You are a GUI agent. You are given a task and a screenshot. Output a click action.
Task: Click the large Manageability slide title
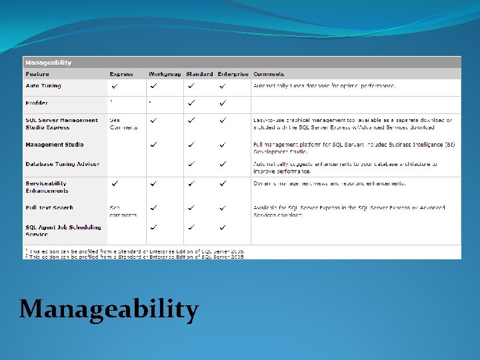pyautogui.click(x=109, y=309)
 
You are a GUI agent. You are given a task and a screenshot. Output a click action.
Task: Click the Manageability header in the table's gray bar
pyautogui.click(x=49, y=63)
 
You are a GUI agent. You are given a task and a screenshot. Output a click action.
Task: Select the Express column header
pyautogui.click(x=121, y=74)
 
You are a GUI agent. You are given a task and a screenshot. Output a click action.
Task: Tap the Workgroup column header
pyautogui.click(x=164, y=74)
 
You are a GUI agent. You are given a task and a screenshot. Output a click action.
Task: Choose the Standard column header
pyautogui.click(x=199, y=74)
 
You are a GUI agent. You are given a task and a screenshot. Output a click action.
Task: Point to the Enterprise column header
pyautogui.click(x=233, y=74)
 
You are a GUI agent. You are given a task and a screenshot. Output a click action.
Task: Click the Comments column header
pyautogui.click(x=269, y=74)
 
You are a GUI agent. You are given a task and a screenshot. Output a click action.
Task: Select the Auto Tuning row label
pyautogui.click(x=43, y=86)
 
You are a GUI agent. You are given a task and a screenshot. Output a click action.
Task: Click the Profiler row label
pyautogui.click(x=37, y=103)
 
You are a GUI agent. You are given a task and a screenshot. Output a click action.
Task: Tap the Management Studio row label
pyautogui.click(x=55, y=145)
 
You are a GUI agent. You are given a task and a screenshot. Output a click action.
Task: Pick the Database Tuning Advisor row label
pyautogui.click(x=62, y=164)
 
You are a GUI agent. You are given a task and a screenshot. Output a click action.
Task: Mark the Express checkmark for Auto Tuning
pyautogui.click(x=116, y=86)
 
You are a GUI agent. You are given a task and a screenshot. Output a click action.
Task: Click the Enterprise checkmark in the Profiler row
pyautogui.click(x=223, y=103)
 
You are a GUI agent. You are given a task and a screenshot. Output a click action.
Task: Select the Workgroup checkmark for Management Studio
pyautogui.click(x=154, y=145)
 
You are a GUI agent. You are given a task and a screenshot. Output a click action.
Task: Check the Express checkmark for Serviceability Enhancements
pyautogui.click(x=116, y=183)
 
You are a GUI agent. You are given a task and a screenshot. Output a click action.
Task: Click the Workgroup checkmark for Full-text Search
pyautogui.click(x=154, y=208)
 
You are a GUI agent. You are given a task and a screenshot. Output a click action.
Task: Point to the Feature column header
pyautogui.click(x=37, y=74)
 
